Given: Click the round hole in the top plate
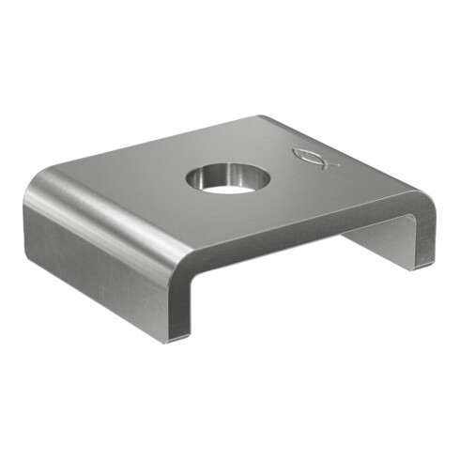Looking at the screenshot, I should click(x=226, y=178).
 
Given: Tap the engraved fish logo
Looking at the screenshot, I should click(x=311, y=159).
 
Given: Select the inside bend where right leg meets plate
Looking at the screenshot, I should click(x=406, y=222).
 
